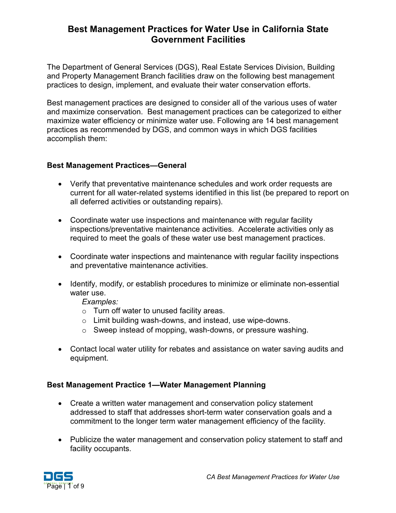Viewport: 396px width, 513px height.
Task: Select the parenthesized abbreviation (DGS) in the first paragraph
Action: point(186,67)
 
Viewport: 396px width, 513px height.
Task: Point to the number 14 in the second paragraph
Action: point(269,121)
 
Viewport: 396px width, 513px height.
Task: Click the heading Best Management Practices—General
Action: point(116,166)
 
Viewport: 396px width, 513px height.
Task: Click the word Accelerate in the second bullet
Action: point(257,229)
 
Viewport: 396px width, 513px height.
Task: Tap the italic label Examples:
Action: point(100,302)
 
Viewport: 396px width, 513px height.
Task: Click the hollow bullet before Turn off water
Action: point(84,311)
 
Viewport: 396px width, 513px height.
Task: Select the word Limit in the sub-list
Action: point(101,321)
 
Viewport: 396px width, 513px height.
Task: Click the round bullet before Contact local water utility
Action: point(60,349)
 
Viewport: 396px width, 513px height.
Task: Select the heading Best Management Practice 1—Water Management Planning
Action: point(156,385)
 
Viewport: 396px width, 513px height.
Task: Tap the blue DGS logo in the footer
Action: point(58,477)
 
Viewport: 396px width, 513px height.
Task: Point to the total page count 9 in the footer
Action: point(82,486)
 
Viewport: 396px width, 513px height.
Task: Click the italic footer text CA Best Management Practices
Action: point(257,477)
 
